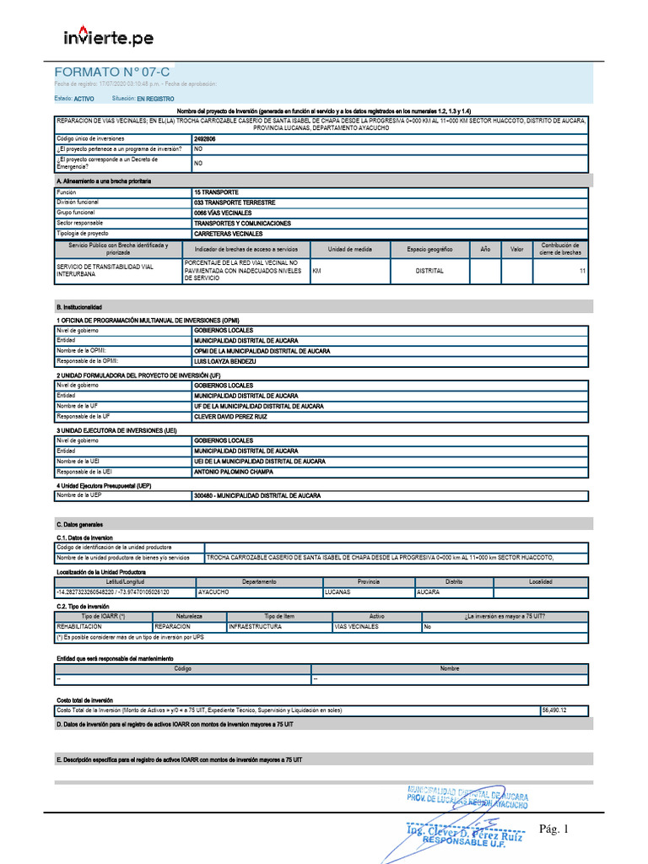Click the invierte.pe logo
(109, 37)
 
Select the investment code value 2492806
(205, 138)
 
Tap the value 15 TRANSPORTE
(216, 192)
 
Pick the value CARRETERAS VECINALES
(229, 234)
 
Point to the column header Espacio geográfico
(429, 250)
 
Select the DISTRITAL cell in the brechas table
(429, 271)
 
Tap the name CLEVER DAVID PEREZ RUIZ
(230, 417)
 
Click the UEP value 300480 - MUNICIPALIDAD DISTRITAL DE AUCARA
(257, 495)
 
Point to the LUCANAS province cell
(340, 592)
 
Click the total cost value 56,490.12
(555, 710)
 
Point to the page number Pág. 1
(555, 830)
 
